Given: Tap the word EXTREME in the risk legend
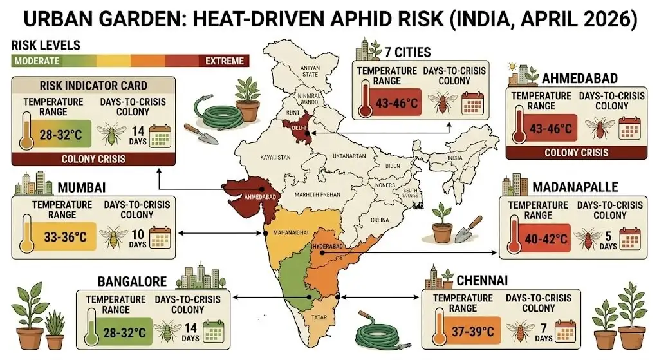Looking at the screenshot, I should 225,61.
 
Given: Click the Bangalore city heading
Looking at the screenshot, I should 132,281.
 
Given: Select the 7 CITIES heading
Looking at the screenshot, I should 407,52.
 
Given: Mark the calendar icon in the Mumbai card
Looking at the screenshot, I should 158,237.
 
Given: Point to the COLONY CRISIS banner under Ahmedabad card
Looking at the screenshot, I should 576,153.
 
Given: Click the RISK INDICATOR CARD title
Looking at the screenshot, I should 93,86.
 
